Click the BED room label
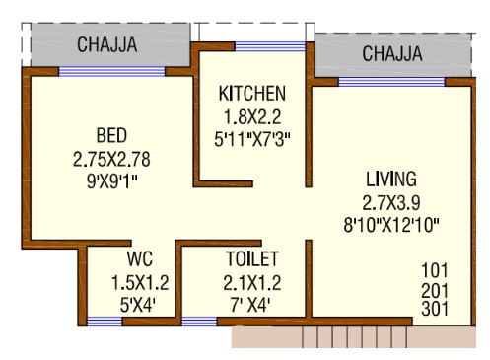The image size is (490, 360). pos(111,135)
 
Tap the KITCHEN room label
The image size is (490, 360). pos(252,94)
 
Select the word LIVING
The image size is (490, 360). pos(391,179)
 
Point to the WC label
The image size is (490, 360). pos(140,258)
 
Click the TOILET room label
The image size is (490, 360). pos(252,258)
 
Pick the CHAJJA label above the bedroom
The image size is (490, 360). pos(107,44)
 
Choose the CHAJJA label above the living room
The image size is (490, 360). pos(392,53)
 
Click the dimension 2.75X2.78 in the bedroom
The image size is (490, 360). pos(111,159)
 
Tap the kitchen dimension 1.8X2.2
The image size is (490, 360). pos(252,116)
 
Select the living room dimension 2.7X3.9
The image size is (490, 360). pos(391,202)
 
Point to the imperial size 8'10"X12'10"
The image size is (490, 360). pos(391,226)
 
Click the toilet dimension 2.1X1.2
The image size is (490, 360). pos(252,283)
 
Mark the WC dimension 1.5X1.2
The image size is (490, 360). pos(140,283)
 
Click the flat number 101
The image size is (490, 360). pos(435,270)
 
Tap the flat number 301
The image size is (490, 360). pos(435,309)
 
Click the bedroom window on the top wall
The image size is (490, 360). pos(111,72)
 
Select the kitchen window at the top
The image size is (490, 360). pos(270,46)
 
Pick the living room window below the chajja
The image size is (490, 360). pos(391,82)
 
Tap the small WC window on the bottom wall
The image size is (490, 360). pos(105,322)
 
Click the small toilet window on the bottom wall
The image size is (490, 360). pos(199,322)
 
